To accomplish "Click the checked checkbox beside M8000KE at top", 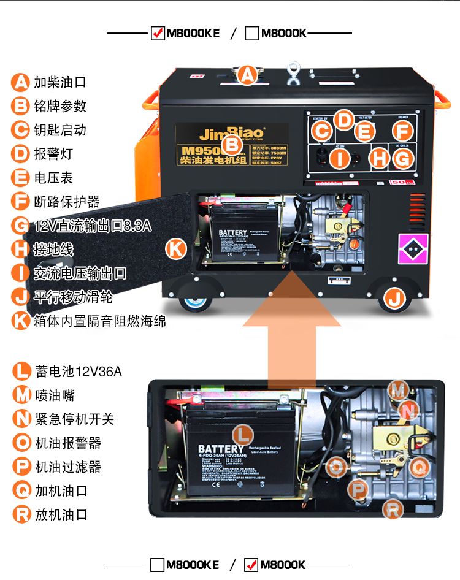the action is click(x=158, y=33).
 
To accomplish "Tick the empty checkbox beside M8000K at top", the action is click(x=251, y=33).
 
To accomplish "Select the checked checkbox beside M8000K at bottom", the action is click(x=251, y=565).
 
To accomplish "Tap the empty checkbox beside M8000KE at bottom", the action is click(x=158, y=565).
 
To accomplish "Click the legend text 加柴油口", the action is click(x=60, y=82).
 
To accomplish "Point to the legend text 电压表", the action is click(x=53, y=178).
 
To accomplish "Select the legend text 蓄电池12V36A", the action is click(x=79, y=372).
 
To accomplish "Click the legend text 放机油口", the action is click(x=61, y=515).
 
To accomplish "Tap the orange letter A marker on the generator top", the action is click(x=247, y=75).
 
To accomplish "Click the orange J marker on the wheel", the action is click(x=394, y=299).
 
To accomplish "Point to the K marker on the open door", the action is click(x=176, y=248).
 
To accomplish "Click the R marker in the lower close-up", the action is click(x=393, y=509).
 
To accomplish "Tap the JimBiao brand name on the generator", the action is click(x=232, y=134).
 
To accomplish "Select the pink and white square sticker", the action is click(x=412, y=249).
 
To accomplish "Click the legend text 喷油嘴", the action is click(x=55, y=395).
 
